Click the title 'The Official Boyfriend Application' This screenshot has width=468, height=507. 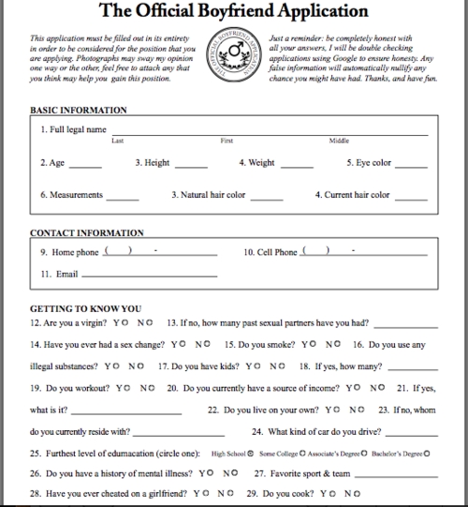point(233,13)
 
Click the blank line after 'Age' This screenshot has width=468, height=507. point(85,165)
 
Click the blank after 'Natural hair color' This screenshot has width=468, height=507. point(267,198)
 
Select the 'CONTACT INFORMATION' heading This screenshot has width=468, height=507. point(85,231)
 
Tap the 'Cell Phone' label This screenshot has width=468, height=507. point(271,252)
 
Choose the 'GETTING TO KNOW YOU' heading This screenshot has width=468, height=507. point(85,307)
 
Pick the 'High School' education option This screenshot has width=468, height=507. point(233,453)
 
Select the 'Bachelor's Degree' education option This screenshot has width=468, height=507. point(399,453)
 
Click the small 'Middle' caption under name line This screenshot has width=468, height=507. point(338,141)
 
